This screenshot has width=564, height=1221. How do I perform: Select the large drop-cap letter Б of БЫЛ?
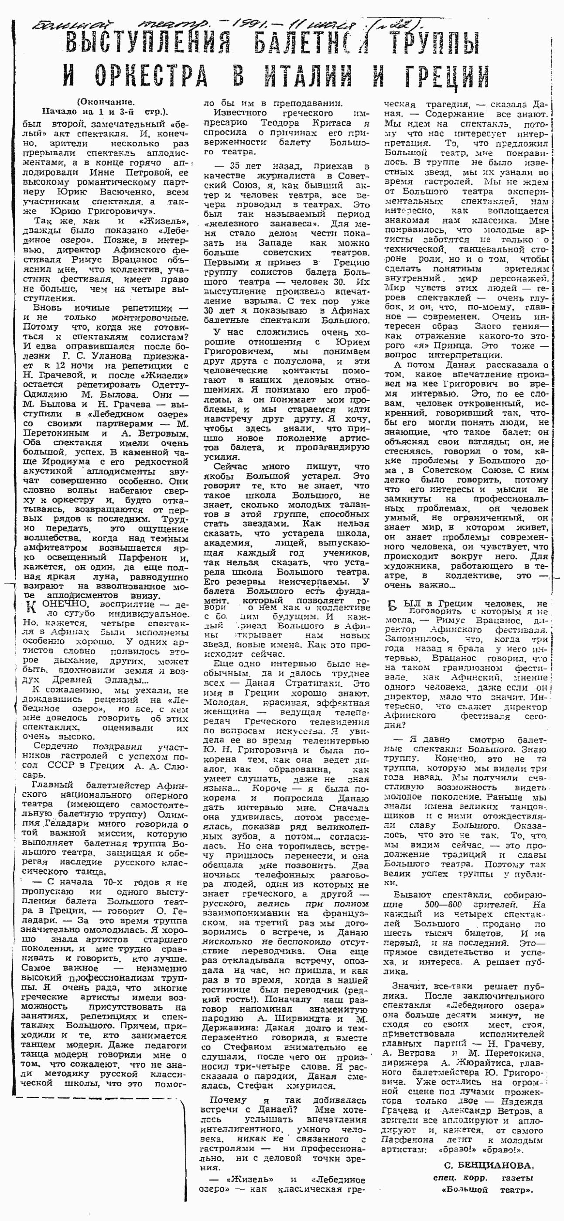[391, 607]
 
